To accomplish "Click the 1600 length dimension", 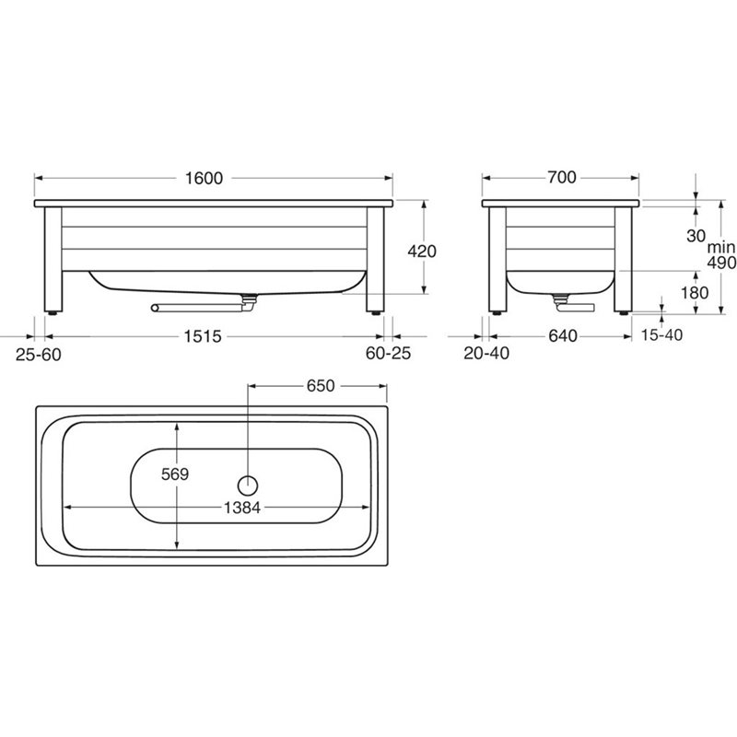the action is (x=204, y=178).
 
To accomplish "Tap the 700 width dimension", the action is (x=561, y=177).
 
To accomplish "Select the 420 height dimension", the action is (x=422, y=251).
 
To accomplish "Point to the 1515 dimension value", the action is (x=202, y=336).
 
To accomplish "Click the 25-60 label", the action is (x=39, y=355).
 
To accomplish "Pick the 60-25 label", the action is (x=388, y=353).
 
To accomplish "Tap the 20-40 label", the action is (x=486, y=353).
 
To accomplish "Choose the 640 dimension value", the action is (x=563, y=335).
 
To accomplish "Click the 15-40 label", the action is (x=661, y=334).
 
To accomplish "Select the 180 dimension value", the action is (x=695, y=292).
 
